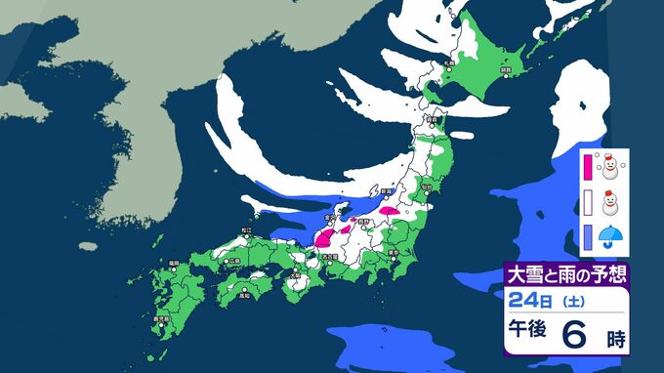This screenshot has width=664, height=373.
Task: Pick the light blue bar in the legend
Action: point(589,235)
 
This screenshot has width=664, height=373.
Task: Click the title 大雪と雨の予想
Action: point(565,272)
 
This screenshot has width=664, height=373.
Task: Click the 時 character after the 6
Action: point(613,340)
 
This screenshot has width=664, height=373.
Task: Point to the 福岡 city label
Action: point(174,263)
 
